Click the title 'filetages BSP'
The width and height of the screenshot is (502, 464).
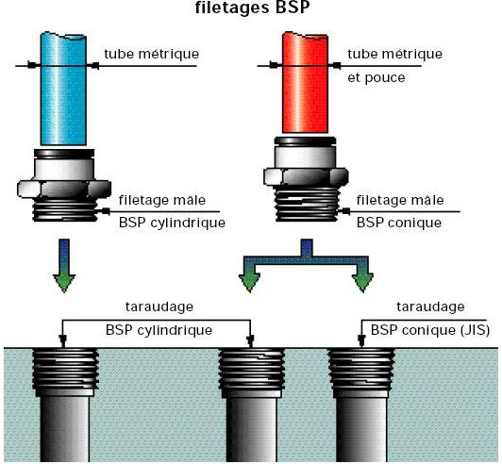point(252,8)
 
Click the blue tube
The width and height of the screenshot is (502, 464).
point(63,89)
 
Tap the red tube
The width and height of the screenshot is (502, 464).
point(305,82)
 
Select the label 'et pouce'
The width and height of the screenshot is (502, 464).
point(376,77)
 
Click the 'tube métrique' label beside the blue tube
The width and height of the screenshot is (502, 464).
point(151,54)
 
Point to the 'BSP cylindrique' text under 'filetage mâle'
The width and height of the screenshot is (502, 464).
point(172,223)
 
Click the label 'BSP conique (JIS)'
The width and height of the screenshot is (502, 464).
point(430,330)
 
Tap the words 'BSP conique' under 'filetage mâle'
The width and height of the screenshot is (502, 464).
point(399,223)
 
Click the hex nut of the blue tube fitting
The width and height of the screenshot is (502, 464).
point(64,190)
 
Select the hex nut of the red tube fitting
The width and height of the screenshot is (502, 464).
point(306,176)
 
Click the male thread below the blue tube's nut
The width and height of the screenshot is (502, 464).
point(65,209)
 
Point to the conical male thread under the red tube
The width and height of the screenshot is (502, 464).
point(307,204)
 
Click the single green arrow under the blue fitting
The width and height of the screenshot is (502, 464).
point(64,265)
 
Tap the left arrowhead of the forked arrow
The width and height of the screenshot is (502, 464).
point(249,283)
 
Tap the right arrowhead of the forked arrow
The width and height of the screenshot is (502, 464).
point(362,283)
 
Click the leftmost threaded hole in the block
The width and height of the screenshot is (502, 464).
point(65,405)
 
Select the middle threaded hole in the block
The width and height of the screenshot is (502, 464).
point(251,405)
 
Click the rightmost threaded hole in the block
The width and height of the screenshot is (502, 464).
point(361,405)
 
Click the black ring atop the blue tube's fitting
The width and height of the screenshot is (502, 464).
point(64,154)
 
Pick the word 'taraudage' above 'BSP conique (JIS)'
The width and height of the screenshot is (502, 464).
point(430,307)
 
